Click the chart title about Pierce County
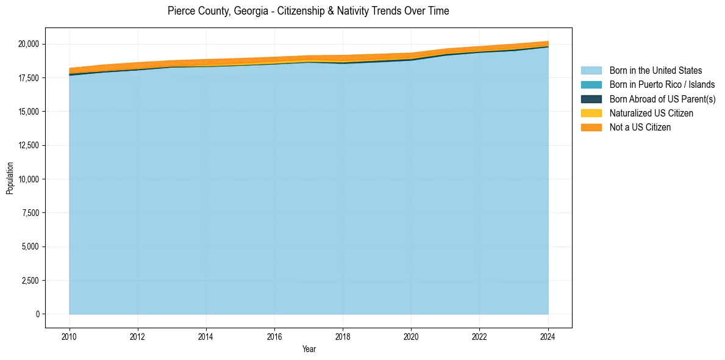(308, 11)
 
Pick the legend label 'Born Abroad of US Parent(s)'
(662, 99)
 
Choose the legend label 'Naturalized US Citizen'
(651, 113)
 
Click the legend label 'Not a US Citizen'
(640, 128)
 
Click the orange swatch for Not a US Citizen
(591, 128)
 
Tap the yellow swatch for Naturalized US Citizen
(591, 113)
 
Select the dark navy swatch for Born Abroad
(591, 99)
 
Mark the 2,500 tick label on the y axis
(30, 281)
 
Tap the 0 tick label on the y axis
(37, 314)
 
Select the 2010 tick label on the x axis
(70, 336)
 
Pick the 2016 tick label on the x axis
(274, 336)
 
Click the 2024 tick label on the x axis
(548, 336)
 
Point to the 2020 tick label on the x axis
(412, 336)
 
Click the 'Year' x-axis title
(309, 349)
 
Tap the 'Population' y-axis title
(10, 178)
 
